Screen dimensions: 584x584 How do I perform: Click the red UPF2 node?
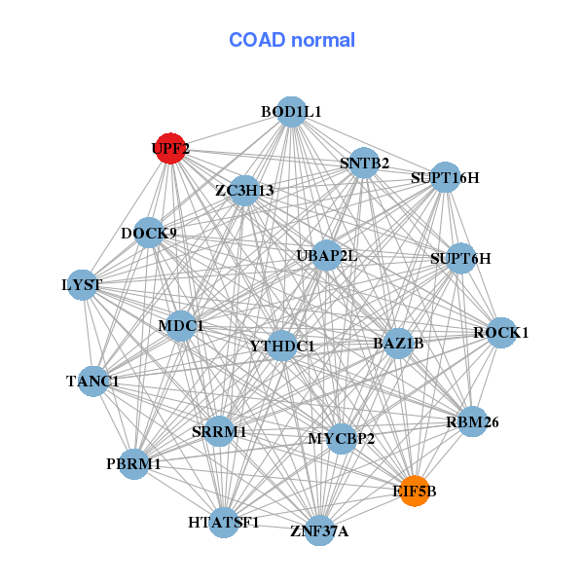pos(170,149)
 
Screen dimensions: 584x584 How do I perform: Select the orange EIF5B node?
pos(414,492)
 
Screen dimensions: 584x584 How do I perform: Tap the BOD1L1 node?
pos(291,112)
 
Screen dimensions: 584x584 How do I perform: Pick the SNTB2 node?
pos(364,163)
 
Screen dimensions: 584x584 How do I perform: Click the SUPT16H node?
pos(445,177)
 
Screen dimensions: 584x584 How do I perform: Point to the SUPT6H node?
pos(460,259)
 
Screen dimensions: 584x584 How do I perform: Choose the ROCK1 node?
pos(500,333)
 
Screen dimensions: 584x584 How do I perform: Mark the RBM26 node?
pos(472,421)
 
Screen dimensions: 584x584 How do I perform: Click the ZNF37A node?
pos(319,530)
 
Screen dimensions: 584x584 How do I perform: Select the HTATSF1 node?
pos(224,523)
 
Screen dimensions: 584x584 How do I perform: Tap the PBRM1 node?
pos(134,464)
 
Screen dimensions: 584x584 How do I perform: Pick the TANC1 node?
pos(93,381)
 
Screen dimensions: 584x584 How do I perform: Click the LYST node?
pos(82,285)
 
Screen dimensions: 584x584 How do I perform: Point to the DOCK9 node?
pos(149,234)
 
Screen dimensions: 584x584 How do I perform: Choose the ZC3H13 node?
pos(245,190)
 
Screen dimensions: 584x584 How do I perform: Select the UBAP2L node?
pos(327,256)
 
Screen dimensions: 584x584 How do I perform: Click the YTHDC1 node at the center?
pos(282,346)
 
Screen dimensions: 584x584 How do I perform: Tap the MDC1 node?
pos(181,325)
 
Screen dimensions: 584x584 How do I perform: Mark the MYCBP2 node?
pos(342,439)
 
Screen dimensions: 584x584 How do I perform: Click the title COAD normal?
pos(292,41)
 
